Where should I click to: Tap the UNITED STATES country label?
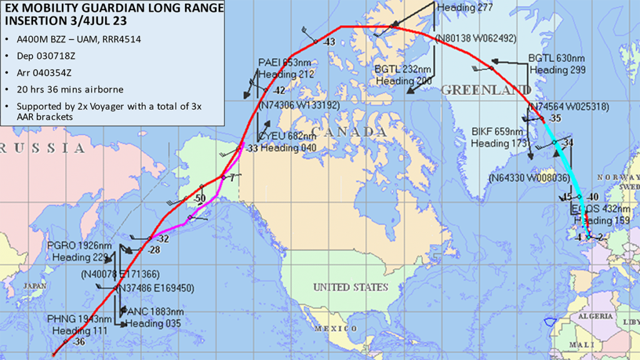coord(351,287)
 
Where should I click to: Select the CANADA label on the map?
coord(349,132)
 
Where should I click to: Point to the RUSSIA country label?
coord(43,148)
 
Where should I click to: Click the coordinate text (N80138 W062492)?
coord(477,38)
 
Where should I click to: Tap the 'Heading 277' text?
coord(465,8)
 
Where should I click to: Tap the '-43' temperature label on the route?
coord(329,42)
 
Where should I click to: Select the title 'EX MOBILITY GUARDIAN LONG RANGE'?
coord(112,8)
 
